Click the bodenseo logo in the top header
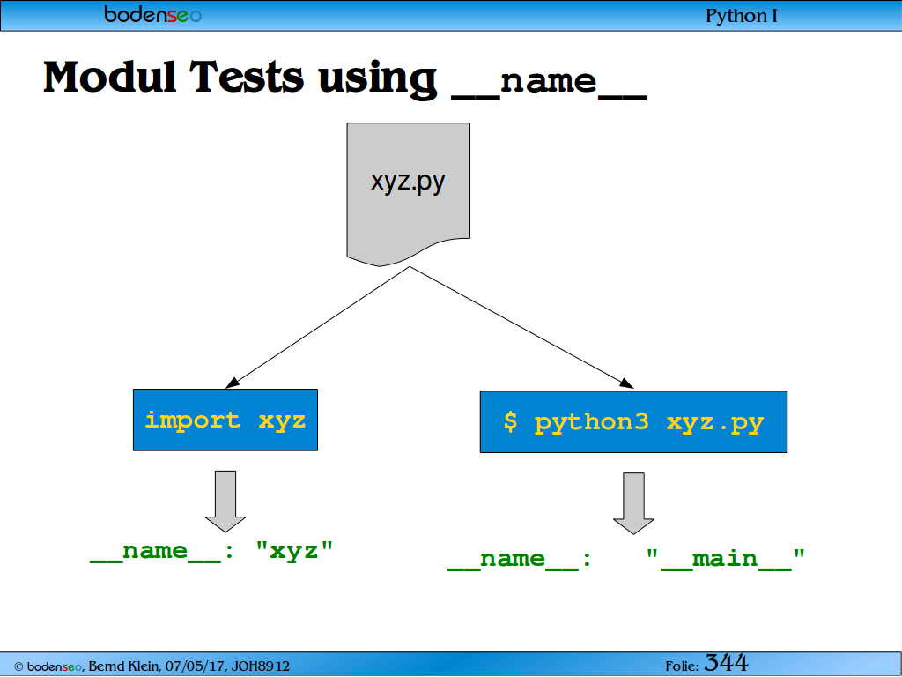pyautogui.click(x=152, y=14)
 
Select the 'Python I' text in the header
pyautogui.click(x=741, y=16)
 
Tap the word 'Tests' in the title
pyautogui.click(x=247, y=77)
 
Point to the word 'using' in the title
pyautogui.click(x=377, y=78)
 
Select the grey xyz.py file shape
pyautogui.click(x=409, y=194)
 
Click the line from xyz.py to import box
pyautogui.click(x=317, y=327)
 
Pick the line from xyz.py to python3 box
pyautogui.click(x=521, y=327)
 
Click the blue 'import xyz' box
pyautogui.click(x=225, y=420)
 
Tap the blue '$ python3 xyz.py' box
pyautogui.click(x=633, y=422)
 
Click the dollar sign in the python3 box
pyautogui.click(x=510, y=421)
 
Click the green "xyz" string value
pyautogui.click(x=294, y=551)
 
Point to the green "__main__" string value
pyautogui.click(x=725, y=559)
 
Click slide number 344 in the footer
pyautogui.click(x=726, y=663)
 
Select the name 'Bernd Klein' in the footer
pyautogui.click(x=123, y=666)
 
